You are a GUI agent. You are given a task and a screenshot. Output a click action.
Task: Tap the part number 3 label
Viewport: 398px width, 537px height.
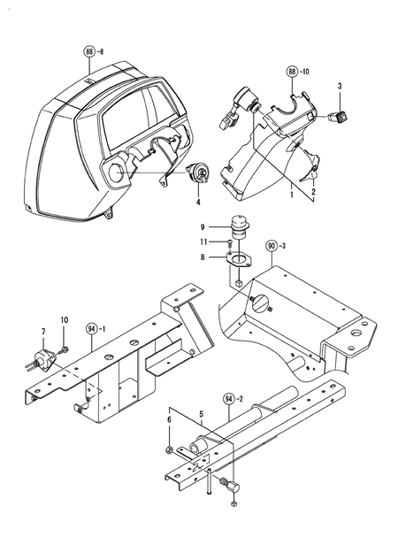pyautogui.click(x=340, y=85)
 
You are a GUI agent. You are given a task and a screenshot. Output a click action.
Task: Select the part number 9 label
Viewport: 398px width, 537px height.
pyautogui.click(x=202, y=226)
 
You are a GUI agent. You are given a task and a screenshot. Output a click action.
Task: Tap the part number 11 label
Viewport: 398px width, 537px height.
pyautogui.click(x=203, y=242)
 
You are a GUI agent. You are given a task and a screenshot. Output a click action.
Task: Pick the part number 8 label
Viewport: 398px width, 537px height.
pyautogui.click(x=202, y=257)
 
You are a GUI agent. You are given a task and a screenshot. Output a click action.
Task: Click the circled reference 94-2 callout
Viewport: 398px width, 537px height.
pyautogui.click(x=231, y=400)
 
